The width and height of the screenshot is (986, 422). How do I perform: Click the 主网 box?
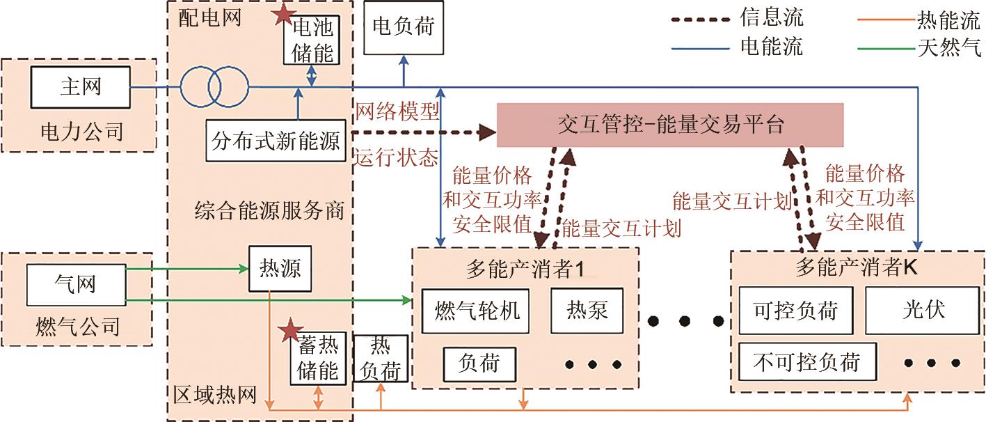pyautogui.click(x=80, y=87)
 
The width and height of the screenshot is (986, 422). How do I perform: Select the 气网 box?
pyautogui.click(x=76, y=283)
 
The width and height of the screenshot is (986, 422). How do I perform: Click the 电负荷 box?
pyautogui.click(x=403, y=27)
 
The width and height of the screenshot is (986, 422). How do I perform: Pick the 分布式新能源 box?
pyautogui.click(x=276, y=141)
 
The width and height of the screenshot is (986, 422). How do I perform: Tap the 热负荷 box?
pyautogui.click(x=381, y=359)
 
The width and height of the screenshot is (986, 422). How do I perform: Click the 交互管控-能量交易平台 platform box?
pyautogui.click(x=670, y=125)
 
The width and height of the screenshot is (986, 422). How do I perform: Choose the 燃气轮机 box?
pyautogui.click(x=477, y=309)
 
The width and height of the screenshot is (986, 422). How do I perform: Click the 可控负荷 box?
pyautogui.click(x=795, y=310)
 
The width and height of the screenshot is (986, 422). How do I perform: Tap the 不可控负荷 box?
pyautogui.click(x=807, y=361)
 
